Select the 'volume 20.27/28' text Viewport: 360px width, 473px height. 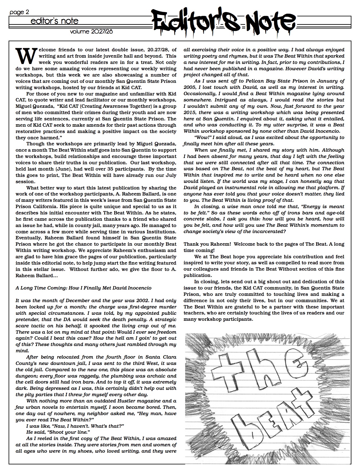[x=91, y=32]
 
